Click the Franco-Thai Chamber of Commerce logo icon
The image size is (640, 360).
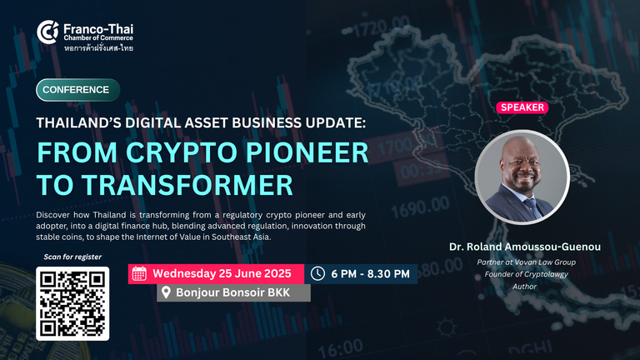47,32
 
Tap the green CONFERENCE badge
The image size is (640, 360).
78,90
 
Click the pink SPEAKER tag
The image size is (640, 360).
522,107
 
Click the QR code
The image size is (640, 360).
72,303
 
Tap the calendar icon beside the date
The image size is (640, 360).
139,273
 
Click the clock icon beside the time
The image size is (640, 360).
318,273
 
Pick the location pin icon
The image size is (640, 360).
166,292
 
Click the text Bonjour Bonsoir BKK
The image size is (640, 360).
232,292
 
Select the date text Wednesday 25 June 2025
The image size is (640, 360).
222,273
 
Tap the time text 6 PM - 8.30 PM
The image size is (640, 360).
370,274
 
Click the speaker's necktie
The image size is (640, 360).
532,207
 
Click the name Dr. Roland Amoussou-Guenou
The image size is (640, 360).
525,247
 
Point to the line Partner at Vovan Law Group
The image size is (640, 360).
526,262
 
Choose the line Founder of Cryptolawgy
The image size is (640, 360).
526,274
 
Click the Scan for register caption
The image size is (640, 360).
72,257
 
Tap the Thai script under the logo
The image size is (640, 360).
98,48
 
